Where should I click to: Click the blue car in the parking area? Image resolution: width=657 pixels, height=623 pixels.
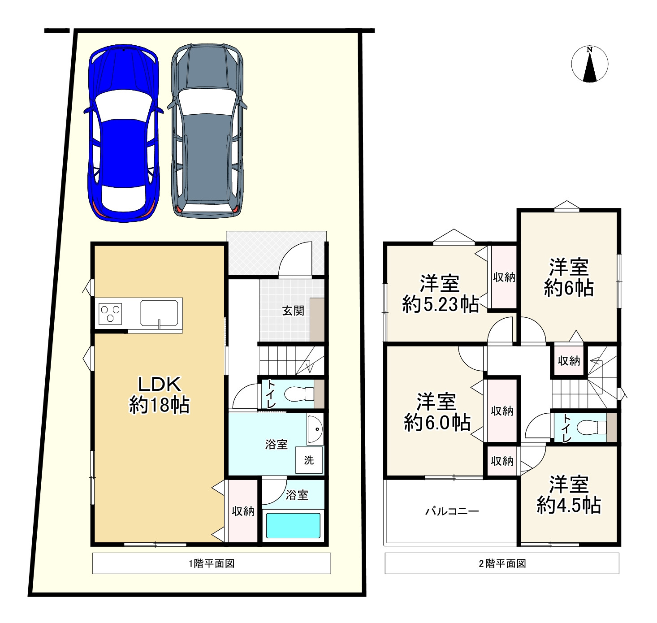pos(123,134)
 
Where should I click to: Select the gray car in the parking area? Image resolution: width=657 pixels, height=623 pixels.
pos(207,131)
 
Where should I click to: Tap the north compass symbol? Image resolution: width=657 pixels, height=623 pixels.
pos(589,64)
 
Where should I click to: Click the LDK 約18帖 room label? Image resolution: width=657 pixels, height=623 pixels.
pos(160,395)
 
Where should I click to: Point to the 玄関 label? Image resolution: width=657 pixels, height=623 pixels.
pos(293,311)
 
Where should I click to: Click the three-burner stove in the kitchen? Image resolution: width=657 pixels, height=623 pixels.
pos(110,314)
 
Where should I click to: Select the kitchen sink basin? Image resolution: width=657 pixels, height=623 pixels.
pos(159,313)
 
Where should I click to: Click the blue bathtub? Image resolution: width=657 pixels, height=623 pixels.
pos(293,525)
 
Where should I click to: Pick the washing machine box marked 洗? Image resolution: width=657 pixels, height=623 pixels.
pos(309,460)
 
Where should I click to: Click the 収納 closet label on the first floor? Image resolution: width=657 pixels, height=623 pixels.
pos(243,511)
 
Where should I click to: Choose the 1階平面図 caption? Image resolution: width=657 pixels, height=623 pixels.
pos(212,564)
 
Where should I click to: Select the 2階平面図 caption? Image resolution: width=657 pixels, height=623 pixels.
pos(502,564)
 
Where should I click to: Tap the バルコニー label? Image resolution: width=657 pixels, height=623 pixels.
pos(452,511)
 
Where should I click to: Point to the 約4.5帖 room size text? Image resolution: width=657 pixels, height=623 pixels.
pos(569,506)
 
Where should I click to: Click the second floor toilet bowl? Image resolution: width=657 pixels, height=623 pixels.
pos(591,428)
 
